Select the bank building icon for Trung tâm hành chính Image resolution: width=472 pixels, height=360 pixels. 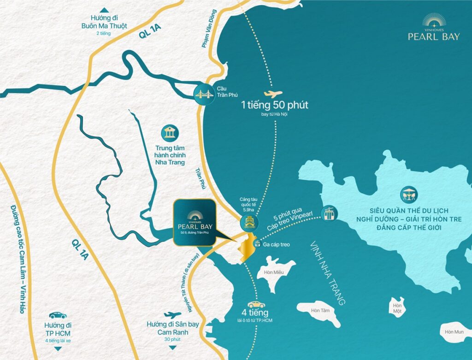(x=170, y=133)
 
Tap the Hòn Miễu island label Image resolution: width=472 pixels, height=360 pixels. (x=273, y=272)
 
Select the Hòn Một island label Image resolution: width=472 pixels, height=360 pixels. (x=396, y=308)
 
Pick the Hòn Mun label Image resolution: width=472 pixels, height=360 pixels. (x=454, y=331)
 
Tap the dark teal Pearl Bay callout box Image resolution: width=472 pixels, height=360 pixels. (x=194, y=224)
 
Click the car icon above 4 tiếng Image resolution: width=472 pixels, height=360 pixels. (x=256, y=305)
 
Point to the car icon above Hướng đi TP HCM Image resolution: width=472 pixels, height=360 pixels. (x=58, y=315)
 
